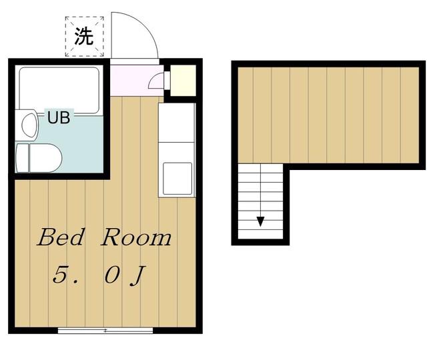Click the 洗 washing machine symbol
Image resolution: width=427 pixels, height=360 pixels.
tap(85, 37)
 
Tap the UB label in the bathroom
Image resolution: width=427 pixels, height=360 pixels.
tap(59, 117)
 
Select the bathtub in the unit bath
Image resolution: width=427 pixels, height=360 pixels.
tap(59, 91)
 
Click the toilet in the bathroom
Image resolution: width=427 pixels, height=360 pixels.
tap(39, 158)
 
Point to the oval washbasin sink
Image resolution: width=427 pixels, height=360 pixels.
tap(29, 125)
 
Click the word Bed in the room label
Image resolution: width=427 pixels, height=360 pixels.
tap(61, 237)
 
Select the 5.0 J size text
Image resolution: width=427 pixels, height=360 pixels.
tap(99, 275)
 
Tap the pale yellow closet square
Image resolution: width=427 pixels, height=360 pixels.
tap(183, 80)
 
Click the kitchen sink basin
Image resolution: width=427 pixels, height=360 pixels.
tap(177, 179)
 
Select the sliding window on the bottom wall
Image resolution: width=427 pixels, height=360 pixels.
tap(105, 331)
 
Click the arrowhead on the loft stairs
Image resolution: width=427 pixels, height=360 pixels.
tap(261, 221)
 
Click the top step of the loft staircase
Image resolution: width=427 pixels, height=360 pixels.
tap(261, 169)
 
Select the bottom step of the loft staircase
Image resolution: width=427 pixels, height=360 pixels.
tap(261, 234)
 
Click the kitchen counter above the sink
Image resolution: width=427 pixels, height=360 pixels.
tap(177, 123)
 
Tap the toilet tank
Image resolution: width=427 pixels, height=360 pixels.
tap(22, 158)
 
